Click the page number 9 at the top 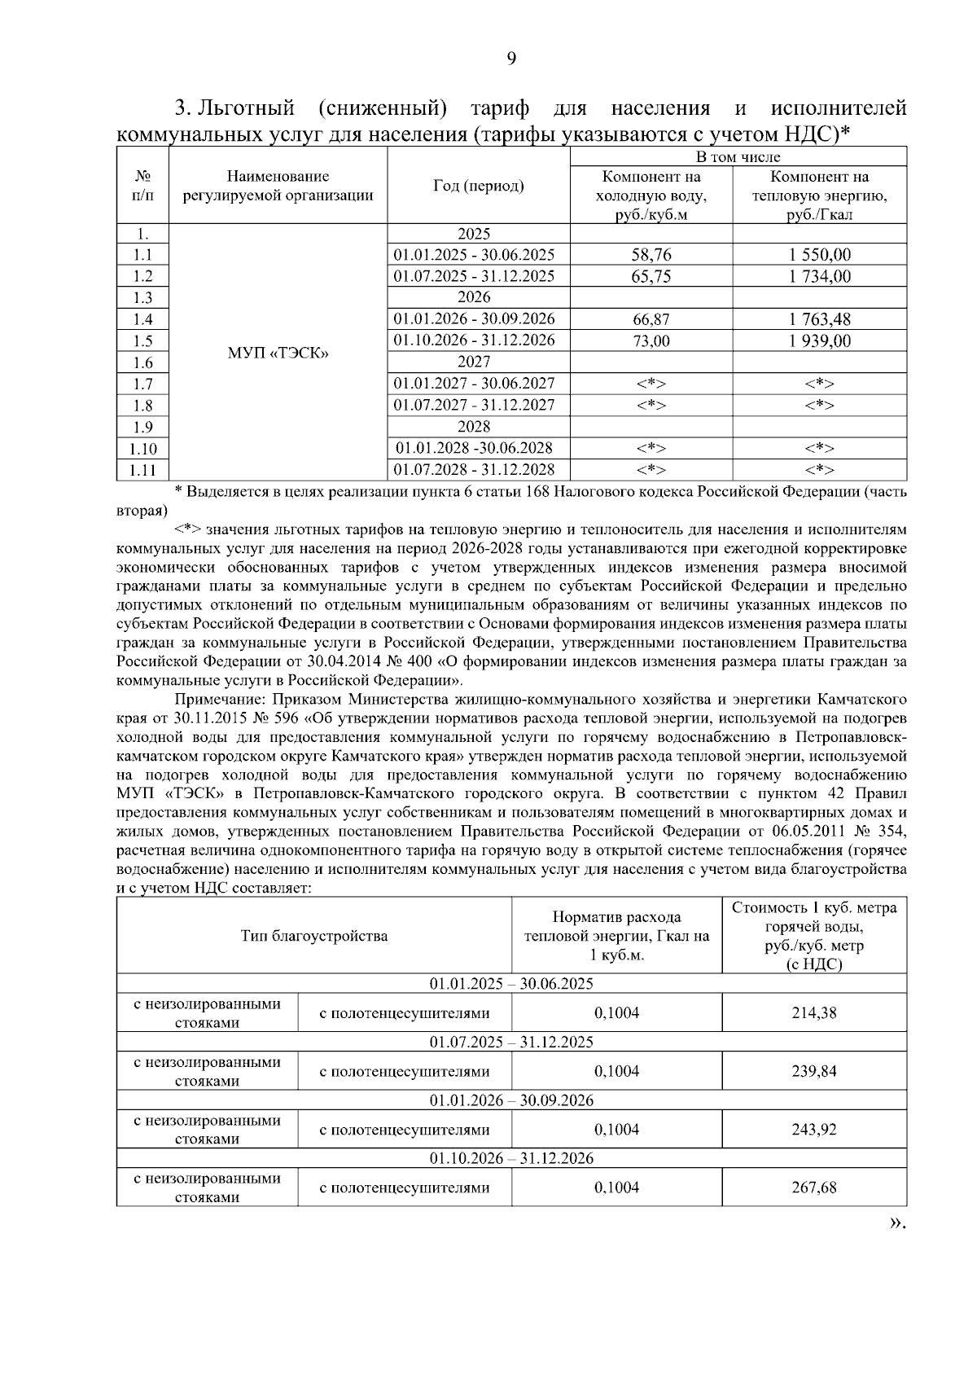511,58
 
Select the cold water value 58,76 651,255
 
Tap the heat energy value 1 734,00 819,276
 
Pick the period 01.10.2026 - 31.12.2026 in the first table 474,340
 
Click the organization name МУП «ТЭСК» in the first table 278,353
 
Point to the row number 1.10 142,448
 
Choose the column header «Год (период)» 478,186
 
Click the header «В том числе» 738,157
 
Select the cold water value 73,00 651,340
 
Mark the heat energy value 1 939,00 819,340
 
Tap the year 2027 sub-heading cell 474,362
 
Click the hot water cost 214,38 814,1013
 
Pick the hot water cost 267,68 814,1188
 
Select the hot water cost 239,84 814,1071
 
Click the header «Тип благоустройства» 314,936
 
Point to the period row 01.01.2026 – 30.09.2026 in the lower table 511,1100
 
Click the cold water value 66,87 651,319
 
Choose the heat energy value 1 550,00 819,255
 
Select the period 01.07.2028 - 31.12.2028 474,469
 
